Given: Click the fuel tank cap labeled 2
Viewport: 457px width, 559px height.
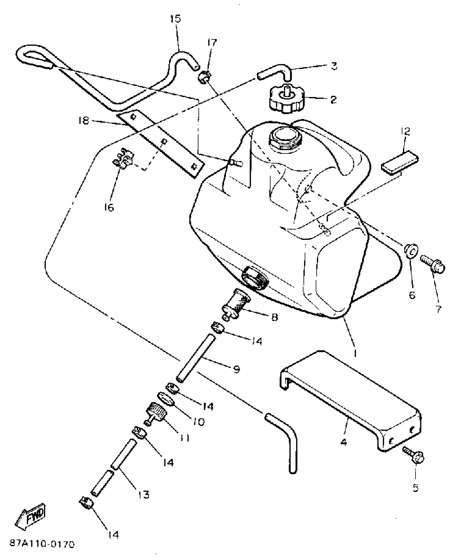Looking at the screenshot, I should [287, 102].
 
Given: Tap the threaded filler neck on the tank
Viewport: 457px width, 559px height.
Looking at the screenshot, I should [287, 138].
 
